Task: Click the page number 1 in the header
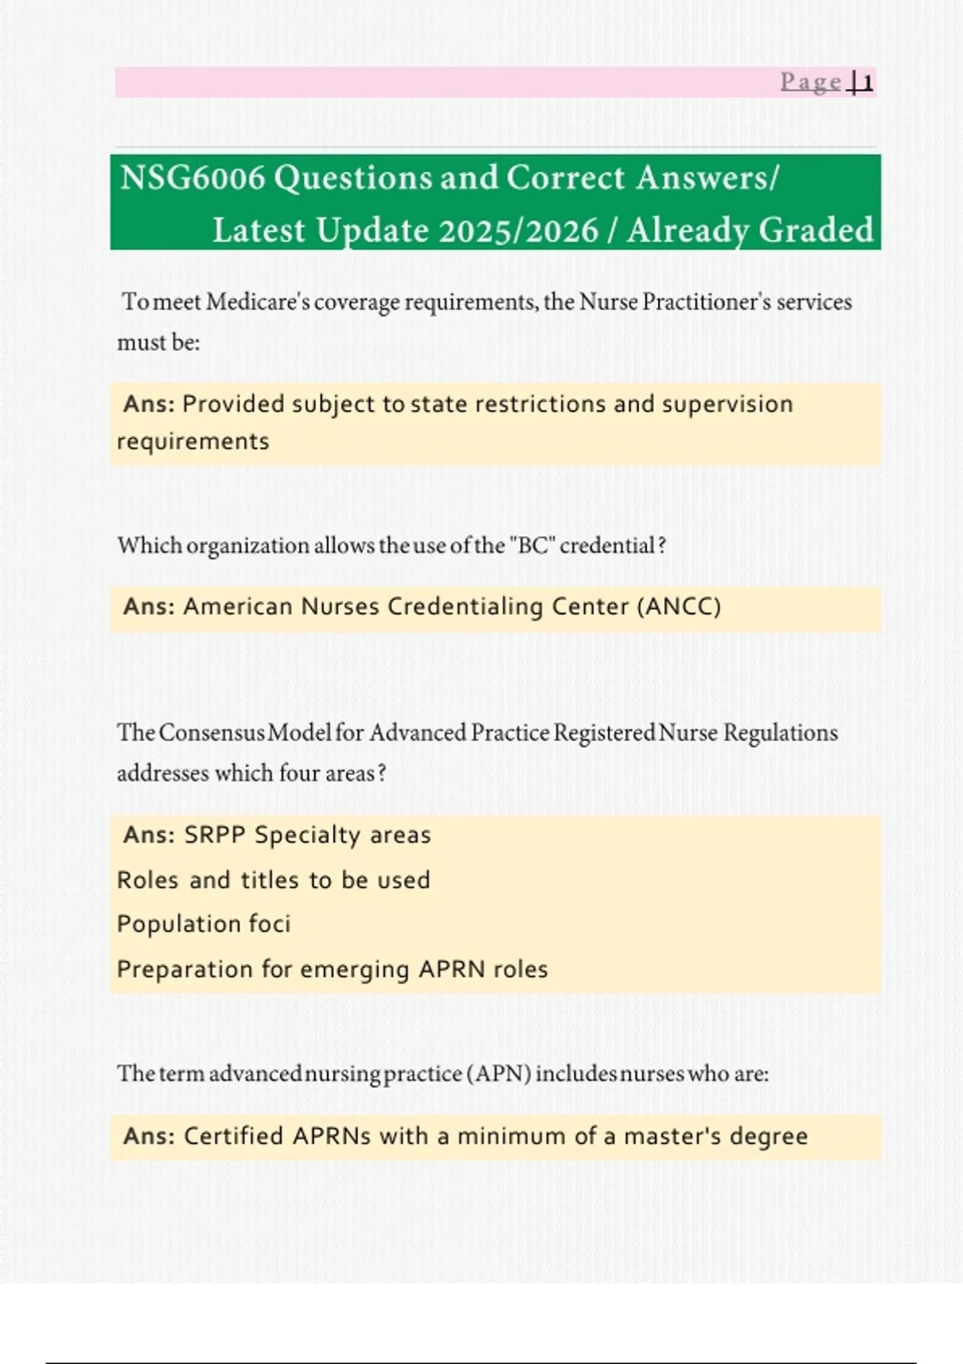pyautogui.click(x=866, y=82)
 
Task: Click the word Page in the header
pyautogui.click(x=811, y=82)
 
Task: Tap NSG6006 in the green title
pyautogui.click(x=192, y=178)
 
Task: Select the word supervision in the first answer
pyautogui.click(x=727, y=404)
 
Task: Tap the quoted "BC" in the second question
pyautogui.click(x=532, y=546)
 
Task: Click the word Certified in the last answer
pyautogui.click(x=233, y=1136)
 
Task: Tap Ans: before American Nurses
pyautogui.click(x=148, y=607)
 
